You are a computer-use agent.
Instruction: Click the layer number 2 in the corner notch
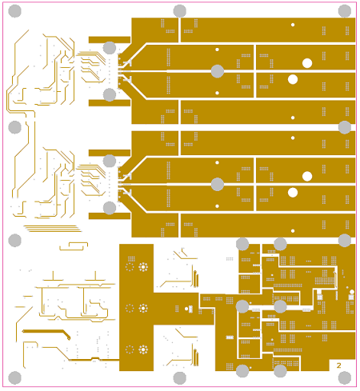[338, 365]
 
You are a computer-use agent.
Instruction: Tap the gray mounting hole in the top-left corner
[15, 11]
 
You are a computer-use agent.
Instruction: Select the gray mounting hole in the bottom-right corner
[345, 377]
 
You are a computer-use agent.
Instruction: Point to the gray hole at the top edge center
[180, 11]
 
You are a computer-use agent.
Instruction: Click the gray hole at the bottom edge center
[180, 377]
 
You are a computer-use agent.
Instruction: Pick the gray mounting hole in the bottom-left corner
[15, 377]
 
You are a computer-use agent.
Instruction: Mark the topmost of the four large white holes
[307, 63]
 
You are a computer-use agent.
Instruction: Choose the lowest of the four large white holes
[293, 193]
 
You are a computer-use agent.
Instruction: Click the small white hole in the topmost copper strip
[293, 25]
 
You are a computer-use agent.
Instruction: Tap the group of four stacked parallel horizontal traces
[53, 229]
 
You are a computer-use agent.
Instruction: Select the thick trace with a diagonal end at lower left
[46, 333]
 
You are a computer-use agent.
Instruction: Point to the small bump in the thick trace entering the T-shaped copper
[95, 358]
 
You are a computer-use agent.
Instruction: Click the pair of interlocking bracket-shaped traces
[74, 246]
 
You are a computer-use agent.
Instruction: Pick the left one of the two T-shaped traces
[53, 276]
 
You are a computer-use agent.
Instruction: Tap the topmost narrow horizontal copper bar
[110, 40]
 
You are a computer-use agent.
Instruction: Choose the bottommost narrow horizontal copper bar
[110, 216]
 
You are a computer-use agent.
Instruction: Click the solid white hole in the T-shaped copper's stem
[186, 309]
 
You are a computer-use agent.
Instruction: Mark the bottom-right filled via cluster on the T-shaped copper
[143, 349]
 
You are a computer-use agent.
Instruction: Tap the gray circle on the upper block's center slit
[218, 71]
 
